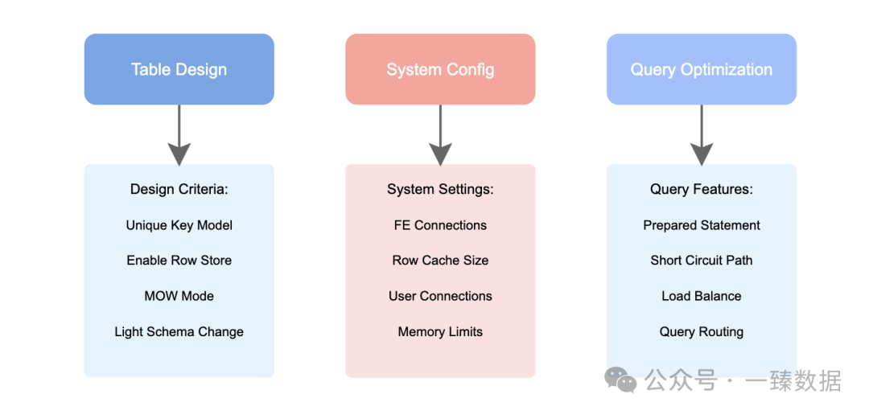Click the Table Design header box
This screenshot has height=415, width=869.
coord(179,69)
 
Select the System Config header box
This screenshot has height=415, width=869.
coord(440,69)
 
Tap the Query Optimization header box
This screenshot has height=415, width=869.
coord(702,69)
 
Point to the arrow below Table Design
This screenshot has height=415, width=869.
coord(179,135)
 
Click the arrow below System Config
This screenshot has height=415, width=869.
coord(440,135)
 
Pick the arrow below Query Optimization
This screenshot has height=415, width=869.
coord(702,135)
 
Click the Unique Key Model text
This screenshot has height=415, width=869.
coord(179,225)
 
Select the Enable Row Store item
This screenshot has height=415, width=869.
coord(179,261)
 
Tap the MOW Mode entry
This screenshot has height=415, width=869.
coord(179,296)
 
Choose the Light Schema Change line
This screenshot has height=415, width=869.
coord(179,332)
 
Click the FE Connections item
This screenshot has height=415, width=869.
coord(440,225)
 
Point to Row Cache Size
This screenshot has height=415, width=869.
coord(440,261)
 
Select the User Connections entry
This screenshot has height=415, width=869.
coord(440,296)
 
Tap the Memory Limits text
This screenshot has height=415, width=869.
coord(440,332)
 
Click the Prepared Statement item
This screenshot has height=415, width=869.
coord(702,225)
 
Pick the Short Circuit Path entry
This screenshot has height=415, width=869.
coord(702,261)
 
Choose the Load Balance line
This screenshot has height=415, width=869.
coord(702,296)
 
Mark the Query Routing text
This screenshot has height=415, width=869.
coord(702,332)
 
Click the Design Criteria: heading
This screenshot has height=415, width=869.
coord(179,190)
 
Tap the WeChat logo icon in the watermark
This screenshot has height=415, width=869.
coord(620,380)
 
